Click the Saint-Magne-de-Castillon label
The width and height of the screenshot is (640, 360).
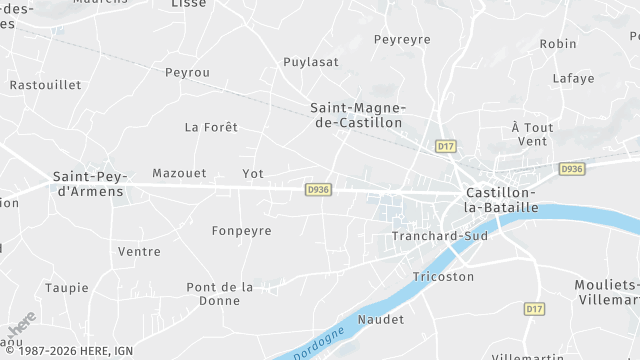(x=356, y=114)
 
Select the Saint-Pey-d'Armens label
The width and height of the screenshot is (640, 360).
(x=88, y=183)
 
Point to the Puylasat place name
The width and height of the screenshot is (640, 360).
(x=311, y=61)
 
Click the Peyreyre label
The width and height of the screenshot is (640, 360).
(x=402, y=39)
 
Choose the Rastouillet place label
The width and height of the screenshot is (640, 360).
(x=45, y=85)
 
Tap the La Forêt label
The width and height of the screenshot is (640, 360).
(x=212, y=127)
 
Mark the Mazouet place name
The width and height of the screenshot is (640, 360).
(x=179, y=173)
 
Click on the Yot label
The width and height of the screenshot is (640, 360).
(x=253, y=173)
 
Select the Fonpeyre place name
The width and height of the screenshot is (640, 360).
(x=241, y=230)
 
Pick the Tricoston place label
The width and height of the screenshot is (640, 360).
(x=443, y=276)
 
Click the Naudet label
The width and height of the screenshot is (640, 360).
(x=381, y=319)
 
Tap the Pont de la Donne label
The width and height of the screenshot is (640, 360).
(x=220, y=293)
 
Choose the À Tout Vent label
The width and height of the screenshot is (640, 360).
(x=532, y=134)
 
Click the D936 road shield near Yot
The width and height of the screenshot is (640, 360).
(x=319, y=189)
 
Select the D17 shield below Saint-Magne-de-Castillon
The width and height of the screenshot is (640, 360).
(x=446, y=146)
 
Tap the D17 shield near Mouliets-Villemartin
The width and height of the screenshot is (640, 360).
(x=534, y=309)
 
